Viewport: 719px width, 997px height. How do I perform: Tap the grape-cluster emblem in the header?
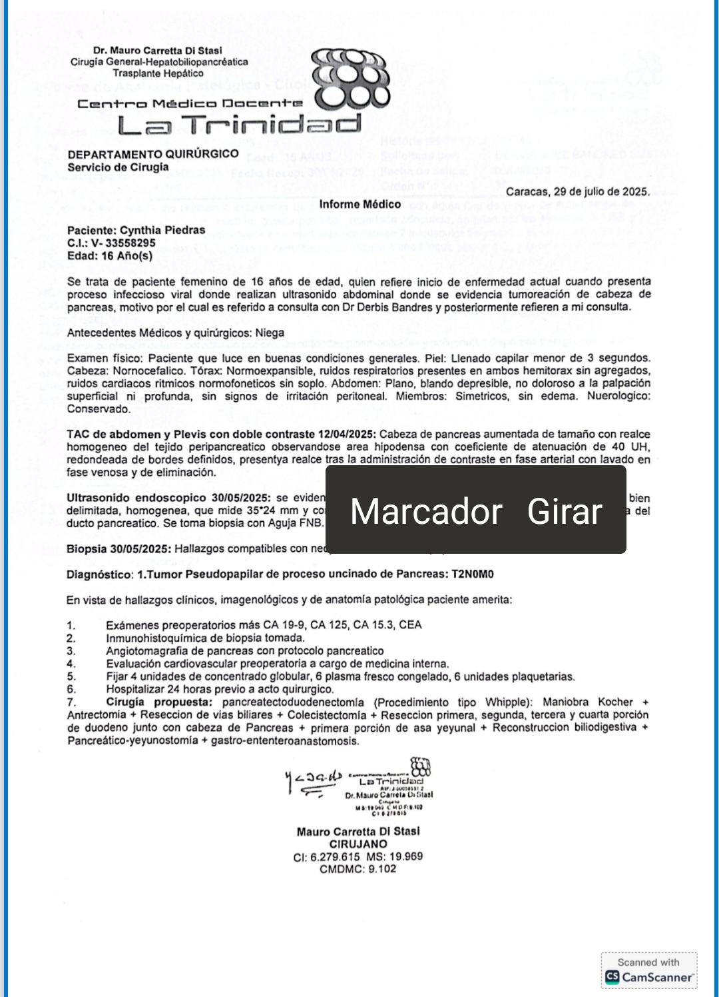coord(352,79)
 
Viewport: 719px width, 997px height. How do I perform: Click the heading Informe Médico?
coord(359,205)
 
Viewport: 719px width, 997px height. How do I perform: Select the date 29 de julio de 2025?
coord(601,192)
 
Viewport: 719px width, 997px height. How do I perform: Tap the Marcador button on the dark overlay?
coord(426,512)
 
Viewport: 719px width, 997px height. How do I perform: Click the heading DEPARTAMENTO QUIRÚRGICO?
coord(153,154)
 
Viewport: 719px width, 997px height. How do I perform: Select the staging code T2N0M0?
coord(473,574)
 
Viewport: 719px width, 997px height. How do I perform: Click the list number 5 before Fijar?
coord(71,677)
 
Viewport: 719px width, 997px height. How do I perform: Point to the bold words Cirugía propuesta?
coord(159,702)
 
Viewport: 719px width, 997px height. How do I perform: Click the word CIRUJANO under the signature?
coord(358,844)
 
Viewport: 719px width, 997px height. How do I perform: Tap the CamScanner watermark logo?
coord(648,977)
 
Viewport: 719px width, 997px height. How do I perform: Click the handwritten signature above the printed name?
coord(313,781)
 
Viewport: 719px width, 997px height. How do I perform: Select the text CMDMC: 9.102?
coord(358,870)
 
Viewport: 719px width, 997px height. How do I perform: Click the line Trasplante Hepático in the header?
coord(158,74)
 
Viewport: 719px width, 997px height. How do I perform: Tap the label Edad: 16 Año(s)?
coord(110,256)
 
